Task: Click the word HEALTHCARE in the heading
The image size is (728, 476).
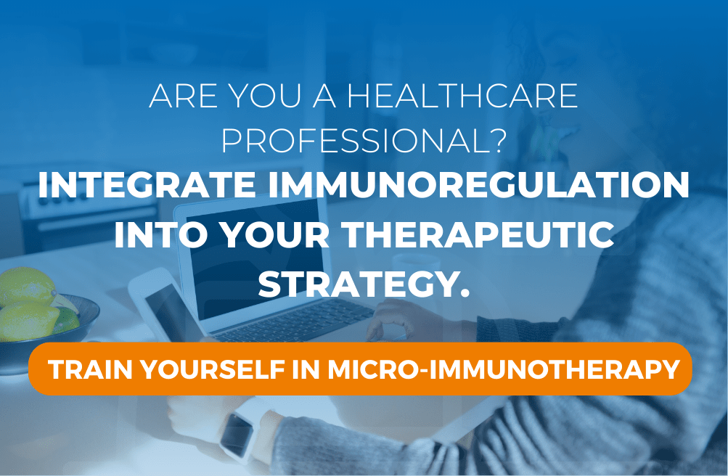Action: (x=462, y=96)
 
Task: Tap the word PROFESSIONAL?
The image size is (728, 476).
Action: (x=363, y=141)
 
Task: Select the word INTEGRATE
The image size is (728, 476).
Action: (x=147, y=185)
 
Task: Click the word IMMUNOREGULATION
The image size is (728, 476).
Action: (x=478, y=185)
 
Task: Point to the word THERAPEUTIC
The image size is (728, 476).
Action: (x=478, y=235)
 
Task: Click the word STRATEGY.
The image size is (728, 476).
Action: (x=364, y=284)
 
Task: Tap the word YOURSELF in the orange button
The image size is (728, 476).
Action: (x=213, y=370)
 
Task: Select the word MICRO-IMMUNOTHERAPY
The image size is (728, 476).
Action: (x=504, y=370)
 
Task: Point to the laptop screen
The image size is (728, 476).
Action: (x=255, y=260)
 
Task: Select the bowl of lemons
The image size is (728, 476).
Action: (x=44, y=320)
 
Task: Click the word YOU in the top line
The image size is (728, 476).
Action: (x=266, y=96)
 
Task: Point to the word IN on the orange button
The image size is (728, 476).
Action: (x=306, y=370)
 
